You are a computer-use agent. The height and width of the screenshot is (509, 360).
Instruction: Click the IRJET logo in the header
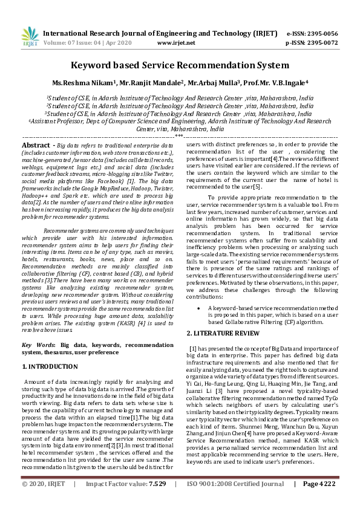pyautogui.click(x=27, y=38)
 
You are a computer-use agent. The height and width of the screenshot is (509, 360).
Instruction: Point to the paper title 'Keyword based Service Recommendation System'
pyautogui.click(x=180, y=65)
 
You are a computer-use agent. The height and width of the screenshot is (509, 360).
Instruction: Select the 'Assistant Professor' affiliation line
pyautogui.click(x=180, y=121)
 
